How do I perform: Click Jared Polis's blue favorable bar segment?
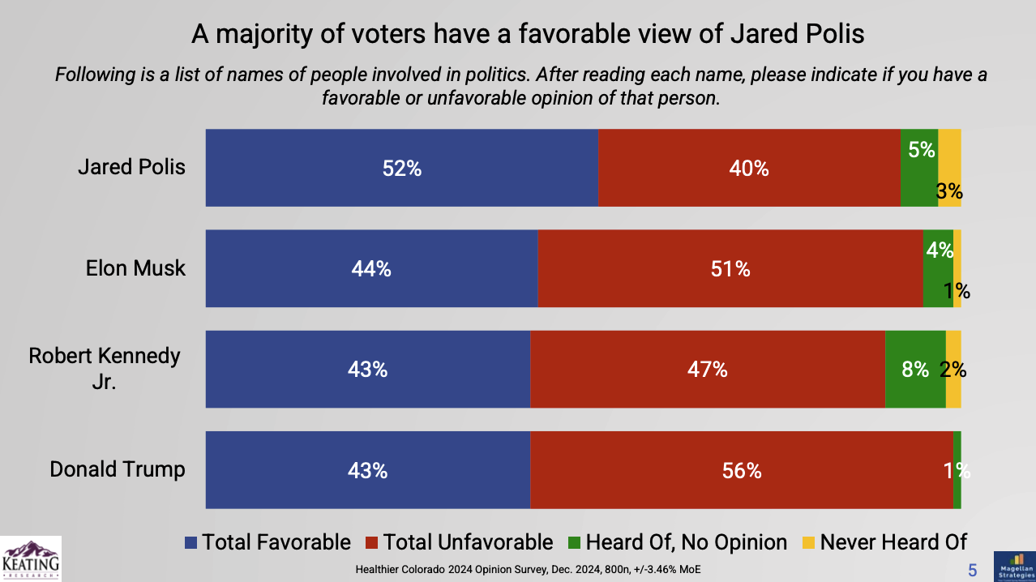[401, 168]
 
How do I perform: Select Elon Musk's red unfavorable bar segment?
[730, 268]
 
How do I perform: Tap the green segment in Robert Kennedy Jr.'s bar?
[914, 369]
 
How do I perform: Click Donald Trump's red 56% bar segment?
[741, 470]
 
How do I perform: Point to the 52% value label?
[402, 169]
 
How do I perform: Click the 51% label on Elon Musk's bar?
[730, 269]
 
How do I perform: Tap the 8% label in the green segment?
[914, 370]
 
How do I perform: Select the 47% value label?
[708, 370]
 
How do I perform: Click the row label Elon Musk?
[135, 268]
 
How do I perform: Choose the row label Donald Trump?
[118, 469]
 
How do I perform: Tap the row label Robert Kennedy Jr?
[105, 368]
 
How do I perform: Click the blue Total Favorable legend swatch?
[191, 542]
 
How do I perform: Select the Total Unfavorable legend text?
[468, 542]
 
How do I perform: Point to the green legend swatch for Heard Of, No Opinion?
[574, 542]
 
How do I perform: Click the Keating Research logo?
[31, 558]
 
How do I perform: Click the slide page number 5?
[973, 570]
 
